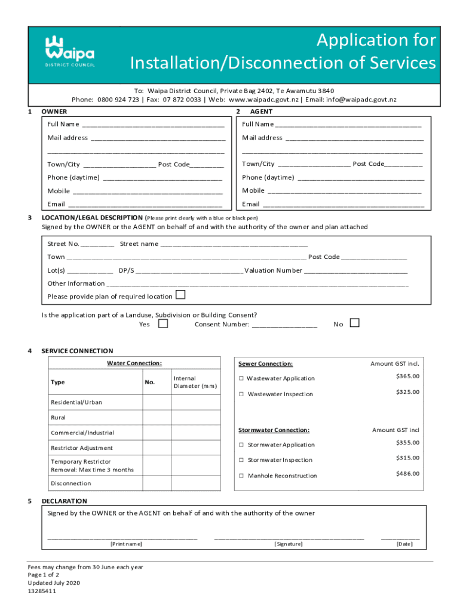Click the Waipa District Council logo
70,51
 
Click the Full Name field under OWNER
153,125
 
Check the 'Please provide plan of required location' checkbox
180,295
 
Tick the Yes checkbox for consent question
163,323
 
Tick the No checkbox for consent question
355,323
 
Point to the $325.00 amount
407,392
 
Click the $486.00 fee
407,473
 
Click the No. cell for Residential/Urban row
157,402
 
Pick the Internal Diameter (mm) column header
195,382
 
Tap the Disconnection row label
71,483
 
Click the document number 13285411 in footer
42,591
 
